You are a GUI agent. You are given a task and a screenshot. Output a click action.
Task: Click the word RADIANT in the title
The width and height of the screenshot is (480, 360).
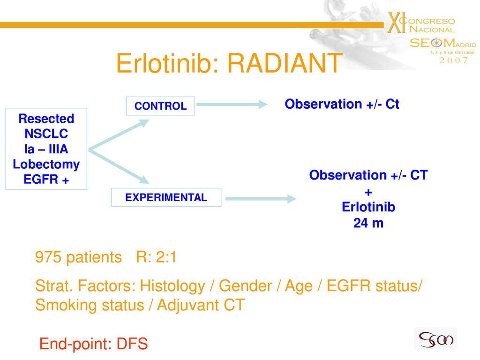click(285, 63)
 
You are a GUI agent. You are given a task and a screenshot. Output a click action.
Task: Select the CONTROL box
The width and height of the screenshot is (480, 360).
click(160, 106)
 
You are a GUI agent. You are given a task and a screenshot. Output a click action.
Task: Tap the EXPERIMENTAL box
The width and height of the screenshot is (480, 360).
click(166, 197)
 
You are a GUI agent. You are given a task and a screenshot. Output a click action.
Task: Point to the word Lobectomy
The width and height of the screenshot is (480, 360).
click(46, 165)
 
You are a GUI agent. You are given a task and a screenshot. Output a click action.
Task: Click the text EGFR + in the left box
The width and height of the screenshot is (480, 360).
click(46, 180)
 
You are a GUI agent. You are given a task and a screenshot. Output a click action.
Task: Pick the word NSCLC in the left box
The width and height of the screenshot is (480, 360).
click(46, 134)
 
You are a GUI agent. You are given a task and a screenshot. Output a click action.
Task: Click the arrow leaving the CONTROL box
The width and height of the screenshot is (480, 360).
click(232, 105)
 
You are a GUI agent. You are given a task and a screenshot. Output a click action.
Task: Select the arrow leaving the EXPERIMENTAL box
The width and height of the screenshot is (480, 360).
click(261, 199)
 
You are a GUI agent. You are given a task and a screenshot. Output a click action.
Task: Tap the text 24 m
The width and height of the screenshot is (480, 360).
click(368, 223)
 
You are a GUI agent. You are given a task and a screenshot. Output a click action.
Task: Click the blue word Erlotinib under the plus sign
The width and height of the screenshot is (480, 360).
click(368, 207)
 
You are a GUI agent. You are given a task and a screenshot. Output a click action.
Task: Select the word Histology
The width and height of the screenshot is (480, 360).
click(172, 286)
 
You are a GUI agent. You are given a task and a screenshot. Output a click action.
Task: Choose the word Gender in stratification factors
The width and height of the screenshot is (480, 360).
click(246, 286)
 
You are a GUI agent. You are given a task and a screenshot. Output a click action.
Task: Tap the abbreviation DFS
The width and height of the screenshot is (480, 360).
click(132, 344)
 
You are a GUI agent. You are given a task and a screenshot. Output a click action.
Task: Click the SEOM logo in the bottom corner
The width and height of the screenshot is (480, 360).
click(435, 338)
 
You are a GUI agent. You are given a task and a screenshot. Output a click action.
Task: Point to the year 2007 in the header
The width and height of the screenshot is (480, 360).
click(454, 60)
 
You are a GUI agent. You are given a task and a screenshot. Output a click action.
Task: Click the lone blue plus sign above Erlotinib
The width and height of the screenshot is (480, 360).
click(368, 193)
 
